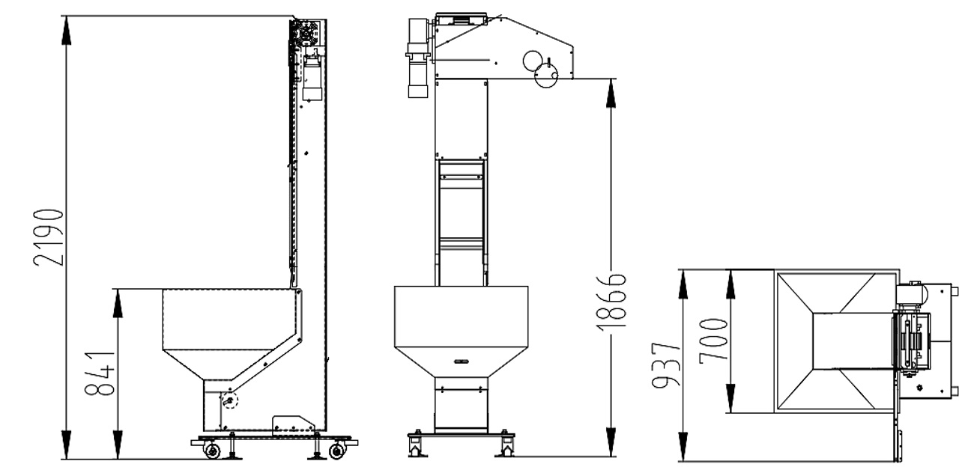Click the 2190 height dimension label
click(49, 237)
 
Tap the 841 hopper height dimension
click(100, 373)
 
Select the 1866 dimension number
click(612, 302)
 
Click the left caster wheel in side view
click(212, 451)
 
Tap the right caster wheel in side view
click(337, 451)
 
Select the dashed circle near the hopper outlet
click(229, 400)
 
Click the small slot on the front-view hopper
click(461, 361)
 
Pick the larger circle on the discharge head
click(545, 75)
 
